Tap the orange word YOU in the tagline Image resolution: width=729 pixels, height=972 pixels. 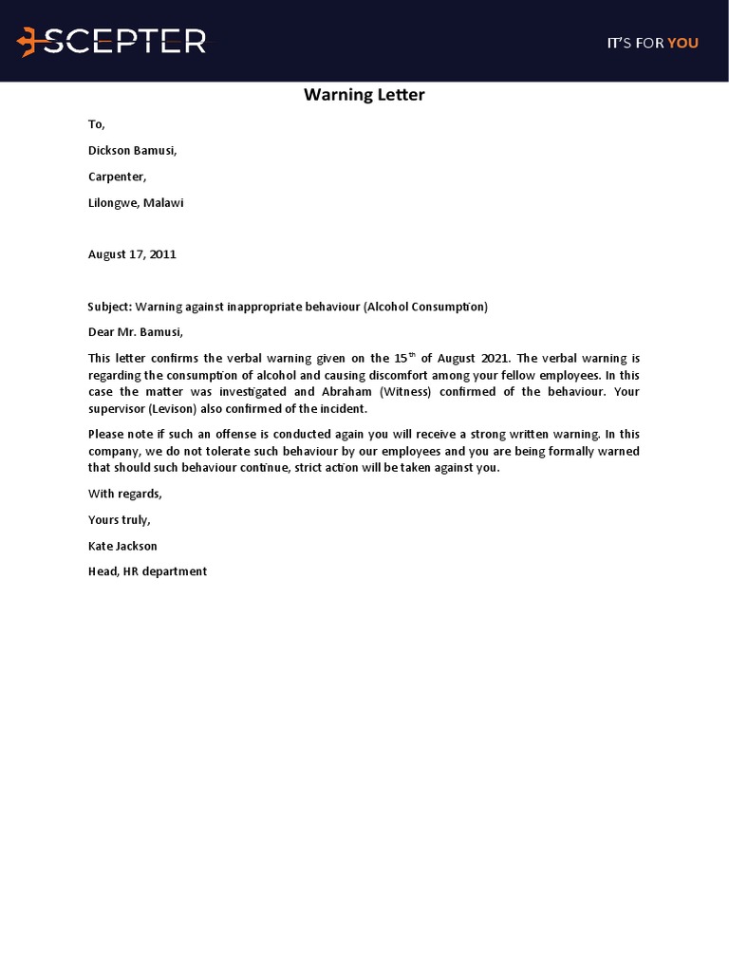[x=682, y=43]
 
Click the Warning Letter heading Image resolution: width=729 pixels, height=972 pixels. [x=364, y=95]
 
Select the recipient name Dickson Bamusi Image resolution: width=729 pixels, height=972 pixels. [x=132, y=151]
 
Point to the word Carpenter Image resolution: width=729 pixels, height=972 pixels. [x=117, y=177]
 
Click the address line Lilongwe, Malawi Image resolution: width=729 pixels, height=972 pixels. [x=136, y=203]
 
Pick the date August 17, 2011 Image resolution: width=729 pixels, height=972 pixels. [x=132, y=254]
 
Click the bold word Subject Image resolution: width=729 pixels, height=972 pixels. [x=109, y=307]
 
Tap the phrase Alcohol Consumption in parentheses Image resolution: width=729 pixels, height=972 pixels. [x=425, y=307]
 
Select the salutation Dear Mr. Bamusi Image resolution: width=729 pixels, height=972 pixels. [x=135, y=332]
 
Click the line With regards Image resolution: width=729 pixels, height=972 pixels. [x=124, y=494]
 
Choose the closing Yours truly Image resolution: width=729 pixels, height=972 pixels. [x=119, y=520]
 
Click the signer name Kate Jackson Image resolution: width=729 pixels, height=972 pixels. [x=122, y=546]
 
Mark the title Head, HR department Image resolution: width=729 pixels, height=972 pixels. [x=147, y=571]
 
